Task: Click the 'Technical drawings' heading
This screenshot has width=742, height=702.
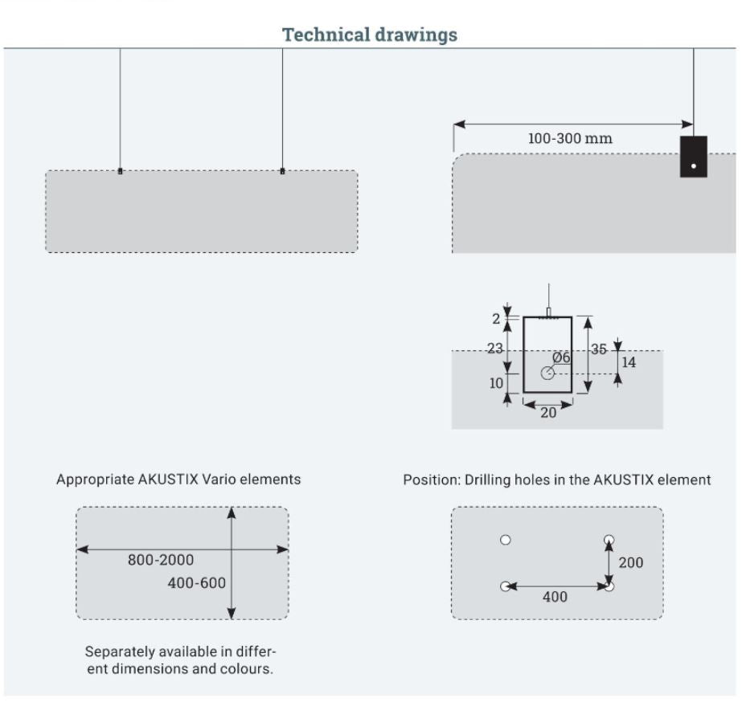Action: click(x=370, y=35)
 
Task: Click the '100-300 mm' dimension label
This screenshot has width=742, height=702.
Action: click(x=569, y=138)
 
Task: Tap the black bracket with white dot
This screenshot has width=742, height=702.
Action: click(x=693, y=157)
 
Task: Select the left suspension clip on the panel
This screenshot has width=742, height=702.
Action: click(x=121, y=171)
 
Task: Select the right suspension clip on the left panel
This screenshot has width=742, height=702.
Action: click(x=282, y=171)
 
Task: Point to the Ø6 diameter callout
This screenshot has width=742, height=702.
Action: click(x=561, y=357)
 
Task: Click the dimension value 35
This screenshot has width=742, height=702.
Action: click(x=599, y=349)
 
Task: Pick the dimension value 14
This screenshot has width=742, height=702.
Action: click(x=629, y=362)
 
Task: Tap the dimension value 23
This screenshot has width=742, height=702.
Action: click(x=494, y=349)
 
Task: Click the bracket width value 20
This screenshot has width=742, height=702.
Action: click(x=547, y=414)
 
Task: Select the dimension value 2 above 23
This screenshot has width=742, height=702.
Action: click(x=496, y=319)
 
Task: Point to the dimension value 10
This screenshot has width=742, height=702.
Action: click(x=496, y=382)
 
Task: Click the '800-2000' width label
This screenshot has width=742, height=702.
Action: click(x=161, y=560)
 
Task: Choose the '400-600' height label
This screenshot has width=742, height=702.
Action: click(x=196, y=583)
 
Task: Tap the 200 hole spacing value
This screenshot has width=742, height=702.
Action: click(x=630, y=562)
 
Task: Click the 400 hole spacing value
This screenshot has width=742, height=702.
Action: click(x=555, y=597)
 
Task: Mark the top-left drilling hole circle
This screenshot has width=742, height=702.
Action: click(x=506, y=540)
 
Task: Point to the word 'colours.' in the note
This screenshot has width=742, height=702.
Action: click(x=247, y=669)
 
